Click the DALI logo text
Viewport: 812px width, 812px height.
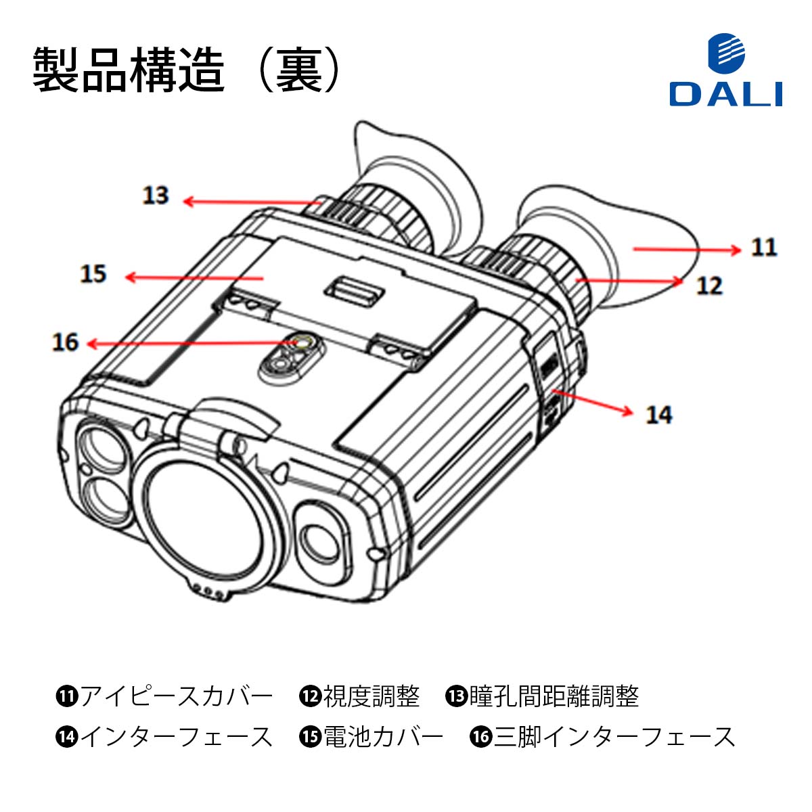tap(725, 94)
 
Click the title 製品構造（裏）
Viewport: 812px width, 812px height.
tap(186, 70)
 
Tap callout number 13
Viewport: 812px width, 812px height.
tap(155, 196)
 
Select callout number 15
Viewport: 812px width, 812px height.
tap(93, 274)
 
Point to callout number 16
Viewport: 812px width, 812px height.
tap(66, 342)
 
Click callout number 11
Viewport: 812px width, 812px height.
tap(764, 247)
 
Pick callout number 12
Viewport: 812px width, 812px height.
tap(709, 286)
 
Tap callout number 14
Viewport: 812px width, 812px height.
tap(658, 414)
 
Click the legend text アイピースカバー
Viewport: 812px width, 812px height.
tap(177, 696)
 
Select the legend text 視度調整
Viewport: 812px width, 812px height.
tap(371, 696)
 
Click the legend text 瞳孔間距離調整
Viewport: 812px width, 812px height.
tap(554, 696)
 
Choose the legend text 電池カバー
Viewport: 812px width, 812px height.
tap(383, 736)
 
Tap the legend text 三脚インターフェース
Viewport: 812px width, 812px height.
tap(614, 736)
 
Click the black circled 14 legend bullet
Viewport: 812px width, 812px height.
tap(67, 736)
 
